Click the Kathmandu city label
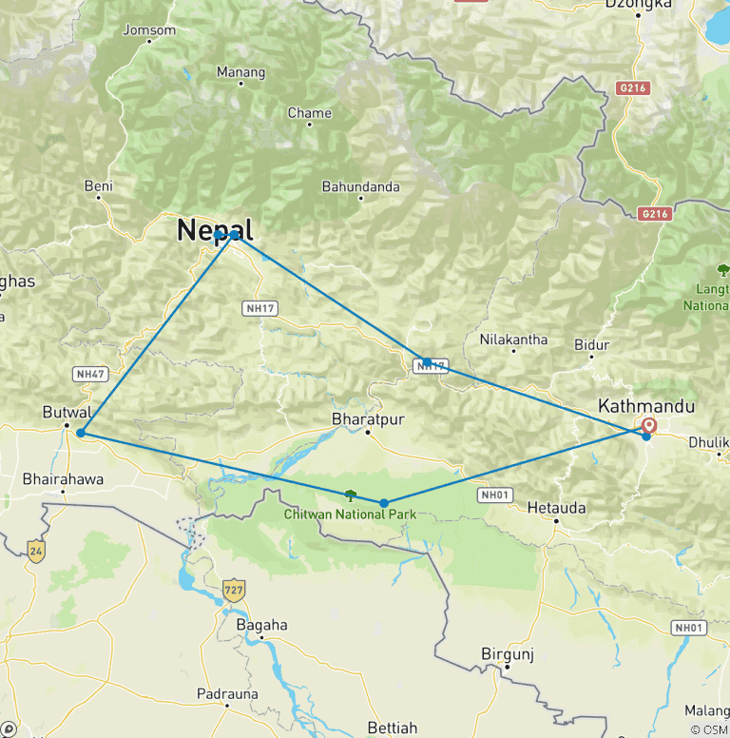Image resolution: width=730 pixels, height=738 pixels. coord(645,406)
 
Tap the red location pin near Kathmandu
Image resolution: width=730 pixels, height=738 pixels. coord(650,425)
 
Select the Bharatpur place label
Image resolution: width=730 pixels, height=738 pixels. coord(362,418)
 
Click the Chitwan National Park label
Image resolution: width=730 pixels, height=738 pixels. coord(349,515)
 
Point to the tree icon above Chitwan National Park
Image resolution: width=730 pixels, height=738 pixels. coord(350,495)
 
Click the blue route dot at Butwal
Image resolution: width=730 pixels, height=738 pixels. coord(81,433)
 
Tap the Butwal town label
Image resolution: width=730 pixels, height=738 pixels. coord(67,413)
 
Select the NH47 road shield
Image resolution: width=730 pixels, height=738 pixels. coord(89,375)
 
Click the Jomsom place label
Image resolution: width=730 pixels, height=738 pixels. coord(150,29)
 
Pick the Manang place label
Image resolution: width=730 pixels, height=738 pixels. coord(234,71)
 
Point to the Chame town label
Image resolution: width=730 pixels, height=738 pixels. coord(310,113)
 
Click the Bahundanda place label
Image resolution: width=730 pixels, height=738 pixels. coord(360,186)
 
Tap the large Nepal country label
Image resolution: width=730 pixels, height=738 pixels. coord(215,229)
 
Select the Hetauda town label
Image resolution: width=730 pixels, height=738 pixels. coord(557,508)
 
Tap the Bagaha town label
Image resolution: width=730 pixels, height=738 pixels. coord(260,625)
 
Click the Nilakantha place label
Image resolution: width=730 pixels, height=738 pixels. coord(513,339)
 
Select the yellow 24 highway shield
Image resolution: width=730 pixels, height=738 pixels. coord(35,550)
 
